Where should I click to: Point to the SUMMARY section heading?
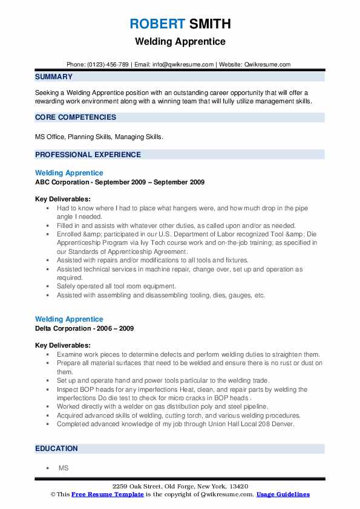pos(54,77)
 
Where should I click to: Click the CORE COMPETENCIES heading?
pos(76,117)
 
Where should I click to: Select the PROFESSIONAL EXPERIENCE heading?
pos(88,155)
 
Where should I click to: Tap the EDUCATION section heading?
pos(56,449)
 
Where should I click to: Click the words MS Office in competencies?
pos(50,137)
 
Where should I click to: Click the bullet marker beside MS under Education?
pos(47,468)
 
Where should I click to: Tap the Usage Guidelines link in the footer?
pos(283,494)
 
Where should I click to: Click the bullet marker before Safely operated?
pos(47,286)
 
